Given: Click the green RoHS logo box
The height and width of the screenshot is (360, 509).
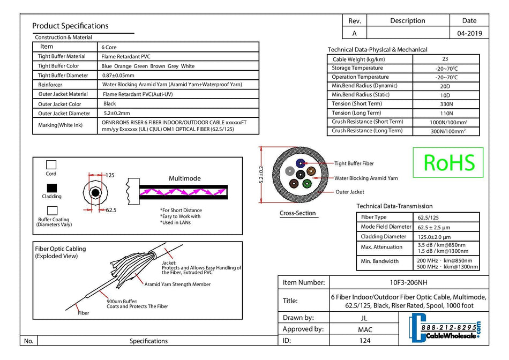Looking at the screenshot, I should [x=448, y=162].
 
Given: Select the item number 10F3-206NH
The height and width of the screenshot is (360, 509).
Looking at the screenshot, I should [x=408, y=282].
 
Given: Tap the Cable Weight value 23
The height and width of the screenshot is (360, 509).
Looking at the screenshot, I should [x=445, y=59].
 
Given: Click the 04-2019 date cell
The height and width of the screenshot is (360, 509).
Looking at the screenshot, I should [x=469, y=33].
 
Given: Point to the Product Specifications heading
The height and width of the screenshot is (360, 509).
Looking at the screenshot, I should [x=70, y=26].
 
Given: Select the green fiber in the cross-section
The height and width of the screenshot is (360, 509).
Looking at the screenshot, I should [x=307, y=183].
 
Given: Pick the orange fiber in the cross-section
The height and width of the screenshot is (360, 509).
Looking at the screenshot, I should [x=310, y=172].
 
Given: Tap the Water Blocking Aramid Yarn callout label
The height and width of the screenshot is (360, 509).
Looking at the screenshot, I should [x=366, y=178].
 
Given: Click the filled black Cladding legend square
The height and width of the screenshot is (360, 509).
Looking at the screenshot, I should [x=52, y=188].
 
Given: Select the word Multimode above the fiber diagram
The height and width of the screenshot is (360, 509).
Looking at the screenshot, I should [x=184, y=178].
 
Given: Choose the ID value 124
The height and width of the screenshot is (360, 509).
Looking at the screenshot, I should [x=364, y=341].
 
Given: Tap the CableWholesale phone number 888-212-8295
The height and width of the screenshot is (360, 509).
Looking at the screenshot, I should [x=448, y=327].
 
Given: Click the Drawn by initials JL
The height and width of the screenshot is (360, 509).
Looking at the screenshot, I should [x=364, y=318].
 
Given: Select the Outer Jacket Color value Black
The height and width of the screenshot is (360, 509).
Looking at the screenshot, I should [x=110, y=104].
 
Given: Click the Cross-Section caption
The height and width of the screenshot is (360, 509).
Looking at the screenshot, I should [x=298, y=213].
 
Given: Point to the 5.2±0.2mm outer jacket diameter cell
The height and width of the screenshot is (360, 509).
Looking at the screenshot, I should [x=117, y=114].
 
